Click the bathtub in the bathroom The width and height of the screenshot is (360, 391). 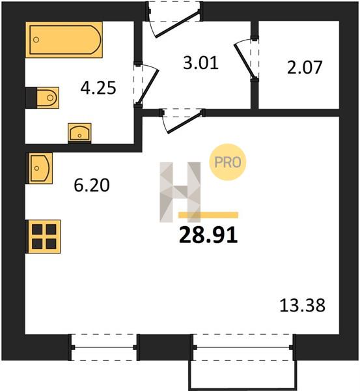coord(64,40)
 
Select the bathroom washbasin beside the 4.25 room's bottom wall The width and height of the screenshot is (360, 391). coord(79,133)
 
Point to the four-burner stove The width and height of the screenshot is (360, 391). coord(44,237)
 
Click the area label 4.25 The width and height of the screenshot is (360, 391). coord(98,88)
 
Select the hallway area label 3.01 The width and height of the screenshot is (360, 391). coord(201,63)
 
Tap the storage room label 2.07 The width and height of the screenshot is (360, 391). coord(305,67)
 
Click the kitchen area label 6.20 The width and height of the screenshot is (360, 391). coord(92,185)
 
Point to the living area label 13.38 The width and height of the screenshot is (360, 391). coord(303,306)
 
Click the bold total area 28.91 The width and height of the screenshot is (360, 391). coord(208,236)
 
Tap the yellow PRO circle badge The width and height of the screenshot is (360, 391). coord(228,162)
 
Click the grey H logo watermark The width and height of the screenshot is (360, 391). coord(180,192)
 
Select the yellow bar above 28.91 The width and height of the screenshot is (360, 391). coord(208,215)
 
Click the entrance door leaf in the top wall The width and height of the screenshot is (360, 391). coord(177,24)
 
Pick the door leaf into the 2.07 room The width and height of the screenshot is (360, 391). coord(244,61)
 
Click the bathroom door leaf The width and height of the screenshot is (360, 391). coord(148,87)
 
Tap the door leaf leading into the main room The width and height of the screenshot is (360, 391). coord(185,123)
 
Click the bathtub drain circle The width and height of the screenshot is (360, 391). coord(36,40)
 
